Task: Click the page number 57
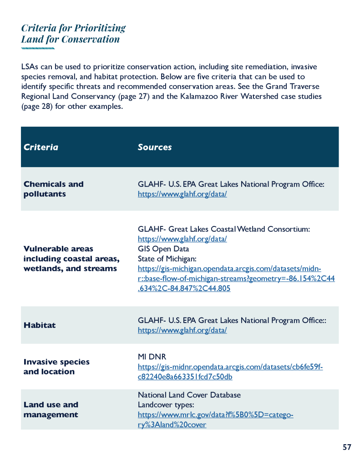[x=347, y=447]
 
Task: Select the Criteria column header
[x=41, y=147]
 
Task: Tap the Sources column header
[x=155, y=147]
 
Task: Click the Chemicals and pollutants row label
[x=53, y=189]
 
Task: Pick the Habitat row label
[x=40, y=325]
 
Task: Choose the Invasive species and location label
[x=56, y=367]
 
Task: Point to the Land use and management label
[x=51, y=410]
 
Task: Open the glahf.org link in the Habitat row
[x=182, y=330]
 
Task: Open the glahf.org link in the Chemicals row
[x=182, y=194]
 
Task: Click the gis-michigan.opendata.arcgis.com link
[x=236, y=278]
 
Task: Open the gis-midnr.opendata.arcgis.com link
[x=230, y=372]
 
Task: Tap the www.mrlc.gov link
[x=215, y=420]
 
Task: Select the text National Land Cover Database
[x=189, y=395]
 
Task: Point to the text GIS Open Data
[x=163, y=249]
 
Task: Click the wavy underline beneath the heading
[x=38, y=48]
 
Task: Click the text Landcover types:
[x=166, y=405]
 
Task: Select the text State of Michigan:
[x=167, y=259]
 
